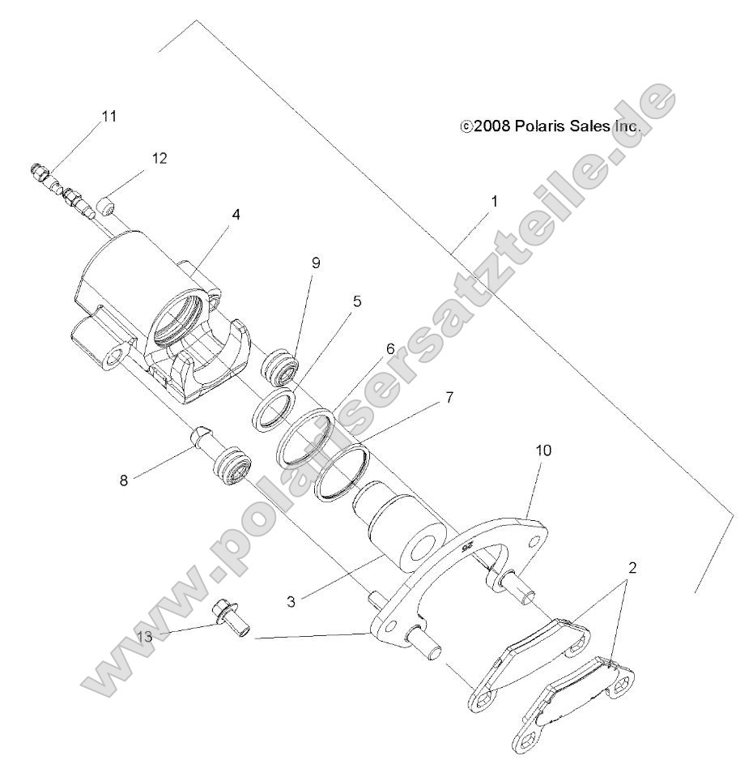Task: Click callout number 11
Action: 108,116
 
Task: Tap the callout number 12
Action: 160,158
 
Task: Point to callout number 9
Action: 316,263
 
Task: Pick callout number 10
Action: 542,450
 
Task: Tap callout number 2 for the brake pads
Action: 632,567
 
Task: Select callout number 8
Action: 124,480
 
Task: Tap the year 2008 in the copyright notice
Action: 491,126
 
